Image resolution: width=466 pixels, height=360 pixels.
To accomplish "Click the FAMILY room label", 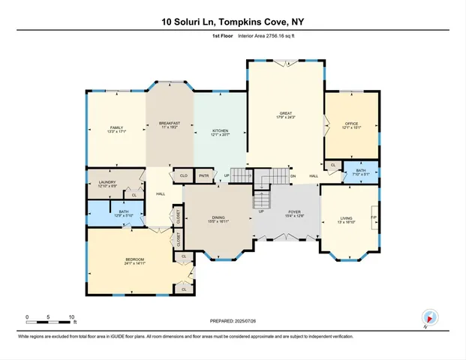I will (116, 128).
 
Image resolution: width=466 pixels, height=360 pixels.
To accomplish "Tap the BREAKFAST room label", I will (170, 124).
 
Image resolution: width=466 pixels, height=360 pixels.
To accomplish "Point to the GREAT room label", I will (286, 115).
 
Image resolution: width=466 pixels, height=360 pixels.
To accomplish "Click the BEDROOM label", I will (135, 262).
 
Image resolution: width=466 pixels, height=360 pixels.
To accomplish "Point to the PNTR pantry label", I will (203, 176).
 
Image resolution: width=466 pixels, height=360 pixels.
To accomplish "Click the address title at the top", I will (233, 22).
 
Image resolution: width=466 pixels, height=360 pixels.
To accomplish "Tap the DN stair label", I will (293, 176).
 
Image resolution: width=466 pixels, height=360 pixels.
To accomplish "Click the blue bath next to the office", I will (361, 172).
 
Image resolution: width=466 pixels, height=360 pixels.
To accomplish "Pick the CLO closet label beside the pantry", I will (183, 176).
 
